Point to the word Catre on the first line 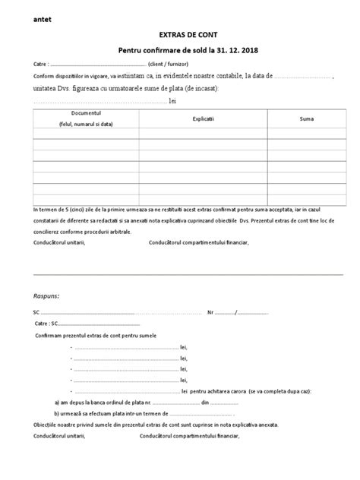point(40,65)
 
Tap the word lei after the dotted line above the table point(172,99)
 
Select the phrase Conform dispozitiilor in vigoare point(72,77)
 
